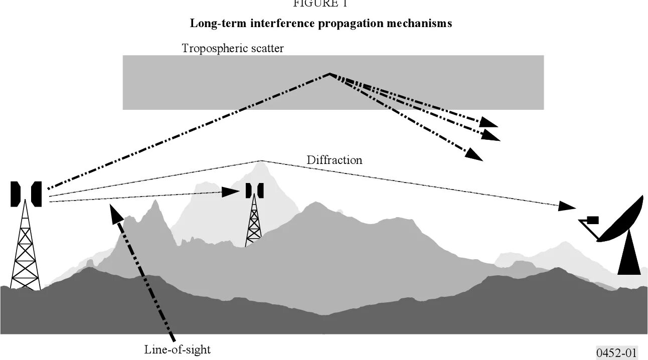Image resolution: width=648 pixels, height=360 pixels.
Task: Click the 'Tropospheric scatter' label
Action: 233,49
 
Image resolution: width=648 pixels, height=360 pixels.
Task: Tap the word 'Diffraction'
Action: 334,160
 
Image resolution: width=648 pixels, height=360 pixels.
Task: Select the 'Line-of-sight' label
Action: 178,349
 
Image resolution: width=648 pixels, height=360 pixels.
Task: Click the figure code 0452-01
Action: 616,352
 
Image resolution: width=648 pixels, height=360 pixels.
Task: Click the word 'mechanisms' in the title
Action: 422,24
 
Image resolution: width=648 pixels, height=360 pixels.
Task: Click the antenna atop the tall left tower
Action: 26,194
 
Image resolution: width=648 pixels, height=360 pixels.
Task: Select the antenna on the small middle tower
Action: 254,190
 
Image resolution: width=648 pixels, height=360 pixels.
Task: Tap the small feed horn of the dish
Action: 592,220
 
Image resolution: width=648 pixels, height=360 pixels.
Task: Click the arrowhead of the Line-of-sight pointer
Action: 114,210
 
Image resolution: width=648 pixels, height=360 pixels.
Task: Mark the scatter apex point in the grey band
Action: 330,74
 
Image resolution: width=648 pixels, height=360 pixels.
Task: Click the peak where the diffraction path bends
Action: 261,161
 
